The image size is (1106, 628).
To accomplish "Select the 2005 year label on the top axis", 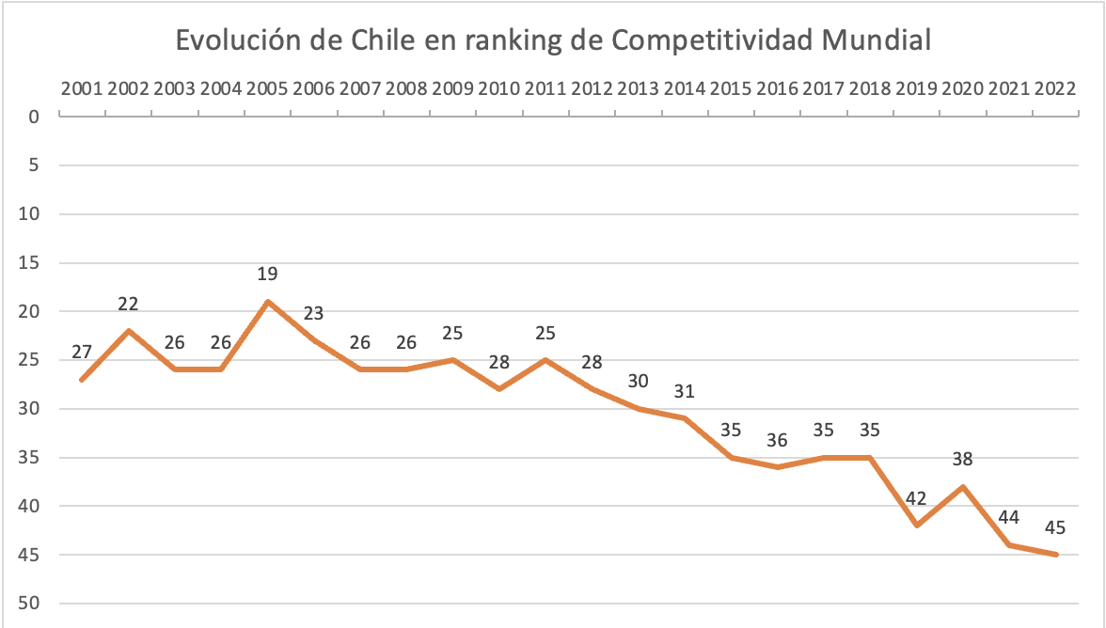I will click(267, 89).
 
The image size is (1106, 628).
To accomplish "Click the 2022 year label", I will click(1055, 89).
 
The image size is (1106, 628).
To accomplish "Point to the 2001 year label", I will click(83, 89).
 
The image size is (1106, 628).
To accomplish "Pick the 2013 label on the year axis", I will click(639, 89).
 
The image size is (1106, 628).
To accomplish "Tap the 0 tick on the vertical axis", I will click(34, 118).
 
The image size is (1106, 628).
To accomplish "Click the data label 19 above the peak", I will click(267, 275).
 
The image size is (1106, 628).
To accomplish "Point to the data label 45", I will click(1055, 528).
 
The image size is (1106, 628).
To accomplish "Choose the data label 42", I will click(916, 498).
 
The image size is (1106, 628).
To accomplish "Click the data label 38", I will click(963, 460).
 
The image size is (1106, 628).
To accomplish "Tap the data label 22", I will click(129, 304).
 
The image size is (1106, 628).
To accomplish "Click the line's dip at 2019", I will click(916, 526).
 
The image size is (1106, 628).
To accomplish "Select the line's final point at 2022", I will click(1056, 555).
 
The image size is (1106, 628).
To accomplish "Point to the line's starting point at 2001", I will click(83, 380).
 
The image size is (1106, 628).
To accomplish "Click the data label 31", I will click(685, 391).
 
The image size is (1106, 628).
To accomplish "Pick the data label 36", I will click(778, 440).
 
